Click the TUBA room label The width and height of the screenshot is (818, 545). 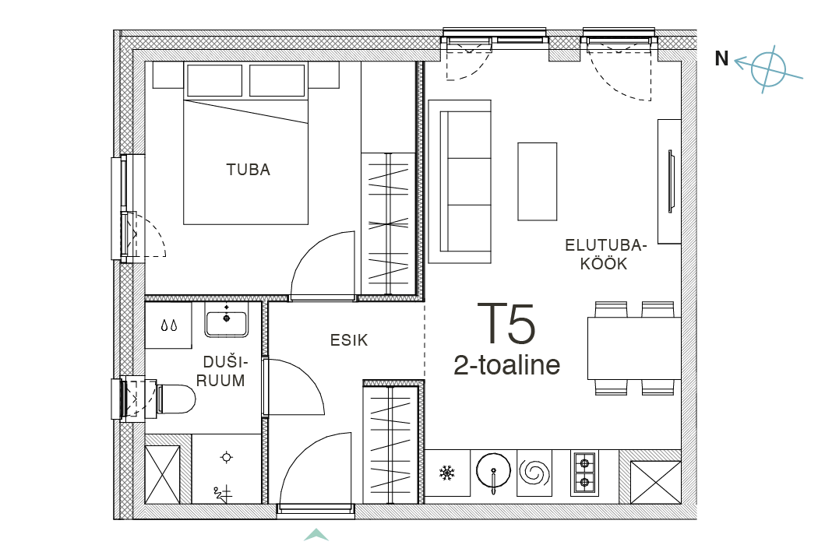point(249,170)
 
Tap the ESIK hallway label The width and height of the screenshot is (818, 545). point(349,340)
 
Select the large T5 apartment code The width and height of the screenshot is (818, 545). point(506,324)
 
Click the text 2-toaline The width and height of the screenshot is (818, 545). point(506,365)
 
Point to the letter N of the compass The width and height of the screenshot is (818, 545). point(721,59)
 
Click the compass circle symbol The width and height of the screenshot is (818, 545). point(768,69)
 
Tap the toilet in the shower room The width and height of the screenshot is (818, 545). point(175,399)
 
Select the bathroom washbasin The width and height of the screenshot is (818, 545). point(227,323)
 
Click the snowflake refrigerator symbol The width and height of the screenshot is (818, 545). point(447,473)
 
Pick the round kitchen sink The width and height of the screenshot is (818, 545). point(493,471)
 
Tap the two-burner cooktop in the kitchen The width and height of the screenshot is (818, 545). point(584,473)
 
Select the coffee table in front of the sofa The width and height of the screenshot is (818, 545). point(538,181)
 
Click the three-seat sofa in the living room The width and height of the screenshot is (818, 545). point(460,181)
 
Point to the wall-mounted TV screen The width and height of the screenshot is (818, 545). point(671,181)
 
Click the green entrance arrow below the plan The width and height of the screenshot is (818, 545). point(316,535)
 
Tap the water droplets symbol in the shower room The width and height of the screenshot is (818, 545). point(168,326)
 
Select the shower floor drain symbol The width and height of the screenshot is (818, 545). point(226,457)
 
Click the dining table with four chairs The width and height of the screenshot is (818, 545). point(634,348)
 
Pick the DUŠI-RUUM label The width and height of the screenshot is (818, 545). point(220,371)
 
